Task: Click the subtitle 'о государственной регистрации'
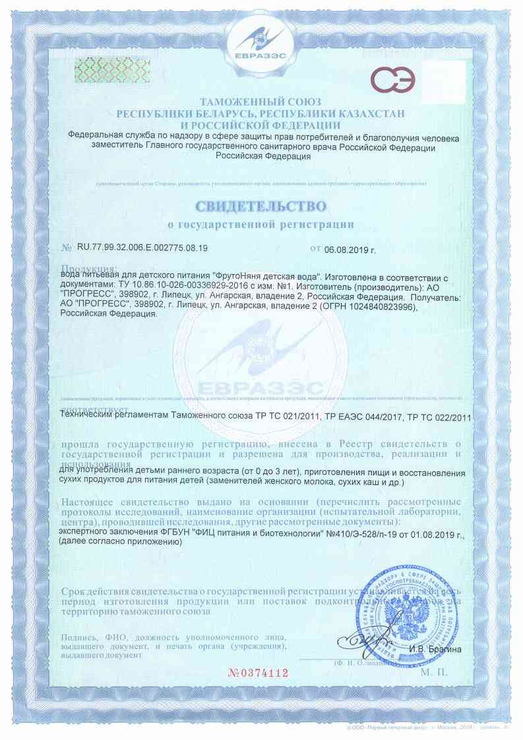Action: (x=261, y=225)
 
